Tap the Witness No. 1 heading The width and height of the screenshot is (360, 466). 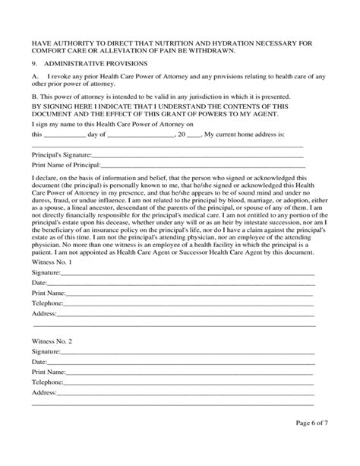point(52,262)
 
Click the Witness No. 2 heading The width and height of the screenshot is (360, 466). point(52,342)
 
